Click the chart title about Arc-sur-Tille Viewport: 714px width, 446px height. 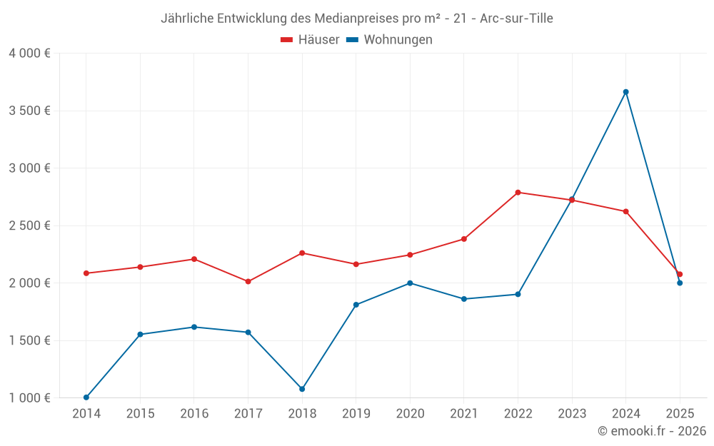(x=357, y=18)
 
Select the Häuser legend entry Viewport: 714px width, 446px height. (x=310, y=40)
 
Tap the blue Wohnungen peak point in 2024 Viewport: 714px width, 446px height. (x=625, y=92)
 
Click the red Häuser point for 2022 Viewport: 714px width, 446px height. (x=518, y=193)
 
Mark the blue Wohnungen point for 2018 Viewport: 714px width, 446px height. (x=302, y=389)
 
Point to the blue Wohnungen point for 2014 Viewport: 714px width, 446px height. (x=86, y=397)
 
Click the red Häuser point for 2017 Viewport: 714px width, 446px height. (x=248, y=281)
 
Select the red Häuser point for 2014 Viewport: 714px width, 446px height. (x=86, y=273)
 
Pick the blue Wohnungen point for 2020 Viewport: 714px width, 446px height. (x=410, y=283)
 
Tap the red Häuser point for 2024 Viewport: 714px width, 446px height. (x=625, y=211)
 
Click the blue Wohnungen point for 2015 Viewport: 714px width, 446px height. (x=140, y=334)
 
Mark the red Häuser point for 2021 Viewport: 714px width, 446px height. (x=464, y=239)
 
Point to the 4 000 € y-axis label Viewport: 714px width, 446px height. (x=29, y=54)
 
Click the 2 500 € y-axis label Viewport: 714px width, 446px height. (x=29, y=225)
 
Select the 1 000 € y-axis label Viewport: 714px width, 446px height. (x=29, y=397)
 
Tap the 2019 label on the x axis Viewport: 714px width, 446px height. (x=356, y=414)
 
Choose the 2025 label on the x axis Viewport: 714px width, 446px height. (x=680, y=414)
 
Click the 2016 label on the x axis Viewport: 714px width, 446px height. (x=194, y=414)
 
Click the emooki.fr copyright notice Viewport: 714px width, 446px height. (x=652, y=431)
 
